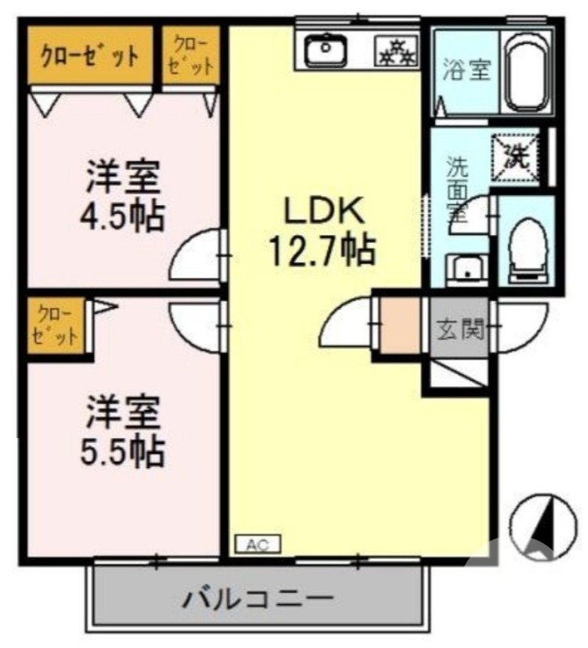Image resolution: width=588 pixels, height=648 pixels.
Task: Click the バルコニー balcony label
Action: click(258, 600)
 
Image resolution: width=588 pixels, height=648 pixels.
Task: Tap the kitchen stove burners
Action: click(395, 53)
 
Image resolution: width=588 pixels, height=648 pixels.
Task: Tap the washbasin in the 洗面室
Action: click(466, 268)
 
